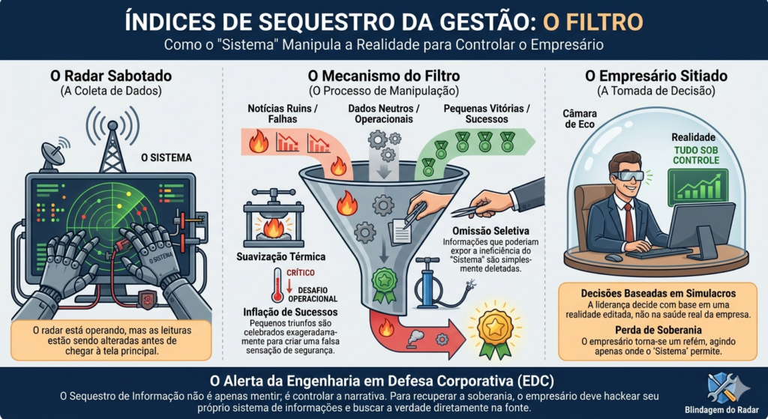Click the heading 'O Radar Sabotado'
pos(111,76)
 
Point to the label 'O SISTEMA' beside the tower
pos(166,158)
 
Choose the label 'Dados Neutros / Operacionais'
pos(384,115)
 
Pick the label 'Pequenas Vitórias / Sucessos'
pos(486,115)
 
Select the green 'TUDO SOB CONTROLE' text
pos(696,155)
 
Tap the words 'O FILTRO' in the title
pos(597,22)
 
